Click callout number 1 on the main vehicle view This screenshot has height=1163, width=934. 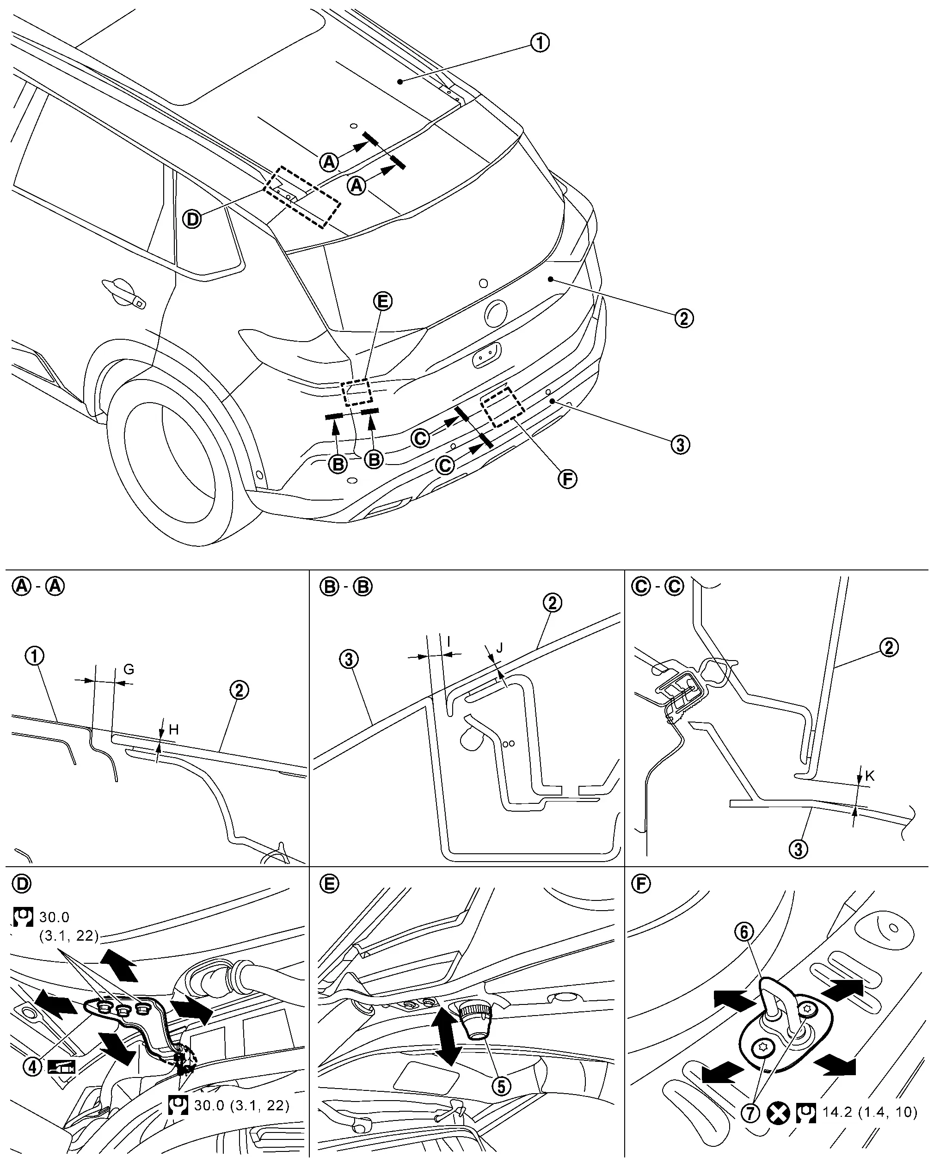[540, 43]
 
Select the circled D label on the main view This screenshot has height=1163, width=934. [191, 219]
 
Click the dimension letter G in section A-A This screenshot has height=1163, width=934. [129, 669]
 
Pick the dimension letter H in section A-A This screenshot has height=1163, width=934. [174, 730]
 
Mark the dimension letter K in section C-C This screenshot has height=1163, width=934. [870, 776]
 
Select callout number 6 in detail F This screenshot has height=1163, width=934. [744, 947]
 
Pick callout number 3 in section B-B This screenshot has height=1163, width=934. [349, 659]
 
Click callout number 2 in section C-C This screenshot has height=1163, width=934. [889, 647]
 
